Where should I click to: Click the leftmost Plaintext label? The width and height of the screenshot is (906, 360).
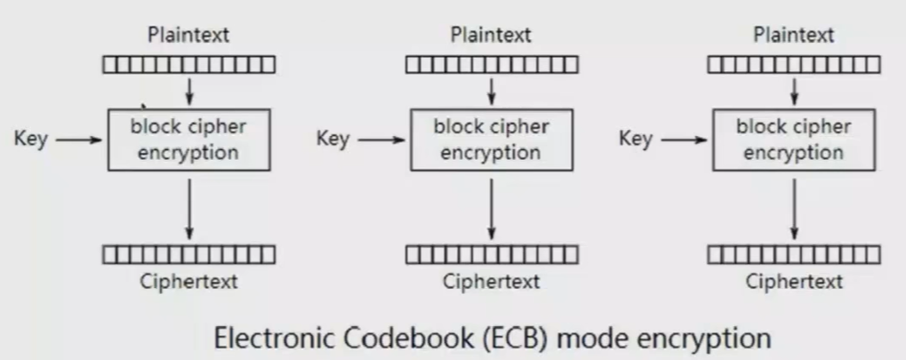[x=188, y=36]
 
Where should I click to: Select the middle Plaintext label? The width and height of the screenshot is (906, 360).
[x=491, y=36]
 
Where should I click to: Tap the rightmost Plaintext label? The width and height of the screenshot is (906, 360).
[x=793, y=36]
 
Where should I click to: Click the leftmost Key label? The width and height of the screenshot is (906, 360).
[x=30, y=139]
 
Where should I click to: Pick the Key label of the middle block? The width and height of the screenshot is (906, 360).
[x=333, y=139]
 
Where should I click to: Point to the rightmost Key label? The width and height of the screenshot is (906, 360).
[x=635, y=139]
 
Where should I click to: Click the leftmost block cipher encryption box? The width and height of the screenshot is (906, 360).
[x=188, y=140]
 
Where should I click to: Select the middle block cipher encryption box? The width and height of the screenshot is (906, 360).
[x=491, y=140]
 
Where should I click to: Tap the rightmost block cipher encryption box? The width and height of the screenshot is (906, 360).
[x=793, y=140]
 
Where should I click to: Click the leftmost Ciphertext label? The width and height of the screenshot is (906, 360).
[x=188, y=282]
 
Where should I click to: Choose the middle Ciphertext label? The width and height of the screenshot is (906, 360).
[x=491, y=282]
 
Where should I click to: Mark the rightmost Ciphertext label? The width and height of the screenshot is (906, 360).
[x=793, y=282]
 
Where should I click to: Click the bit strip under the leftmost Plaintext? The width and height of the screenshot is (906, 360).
[x=188, y=65]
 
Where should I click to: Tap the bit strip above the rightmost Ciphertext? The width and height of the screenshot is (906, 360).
[x=793, y=255]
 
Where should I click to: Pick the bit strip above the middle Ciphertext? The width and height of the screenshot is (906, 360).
[x=491, y=255]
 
